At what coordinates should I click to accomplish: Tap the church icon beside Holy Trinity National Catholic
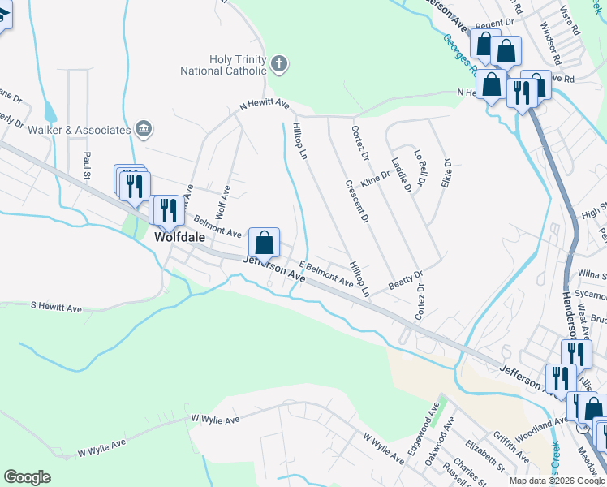[x=278, y=64]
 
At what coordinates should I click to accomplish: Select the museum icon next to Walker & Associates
[x=144, y=129]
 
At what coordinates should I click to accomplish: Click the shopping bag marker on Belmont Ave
[x=264, y=242]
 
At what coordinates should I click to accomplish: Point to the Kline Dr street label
[x=376, y=179]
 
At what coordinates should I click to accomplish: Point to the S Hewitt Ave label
[x=57, y=308]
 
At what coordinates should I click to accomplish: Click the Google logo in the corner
[x=28, y=476]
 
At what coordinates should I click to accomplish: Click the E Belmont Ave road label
[x=326, y=274]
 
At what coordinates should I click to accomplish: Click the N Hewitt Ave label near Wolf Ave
[x=264, y=105]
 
